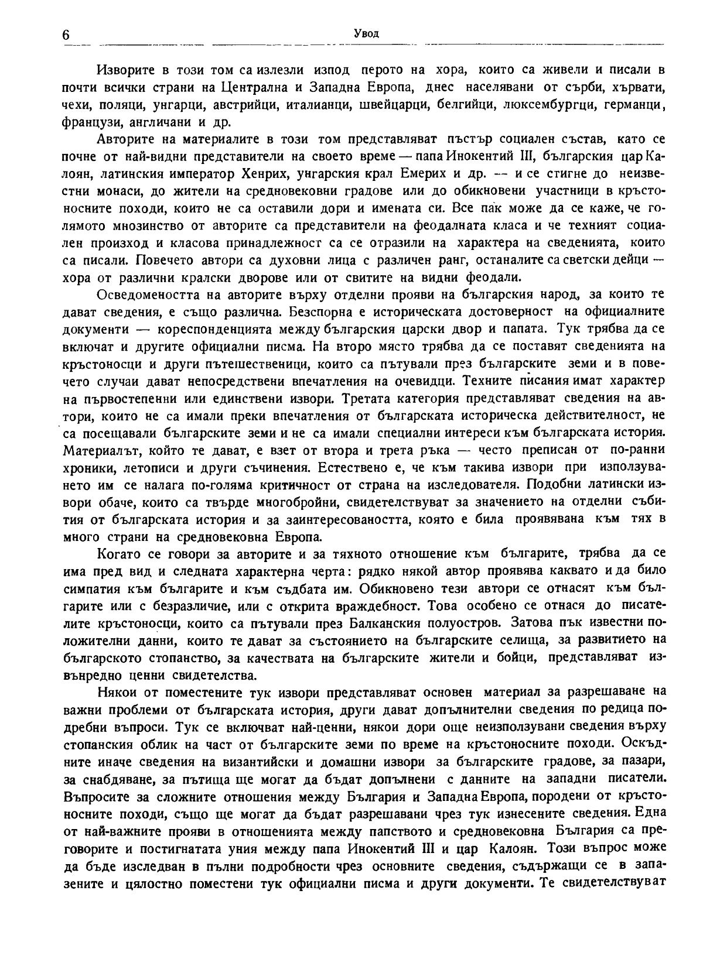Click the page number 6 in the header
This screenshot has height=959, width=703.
[x=65, y=35]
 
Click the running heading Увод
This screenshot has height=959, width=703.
[x=367, y=33]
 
